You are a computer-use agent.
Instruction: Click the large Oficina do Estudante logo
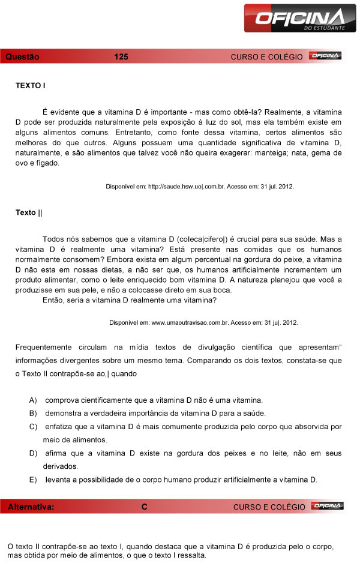(x=295, y=18)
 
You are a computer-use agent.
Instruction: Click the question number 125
(x=121, y=57)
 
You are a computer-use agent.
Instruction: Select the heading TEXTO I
(x=31, y=86)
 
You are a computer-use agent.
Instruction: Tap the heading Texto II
(x=29, y=212)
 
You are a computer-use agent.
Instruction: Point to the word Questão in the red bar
(x=22, y=57)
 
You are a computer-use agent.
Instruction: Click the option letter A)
(x=33, y=400)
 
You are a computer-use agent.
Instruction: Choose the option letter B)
(x=33, y=413)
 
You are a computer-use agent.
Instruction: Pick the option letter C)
(x=33, y=426)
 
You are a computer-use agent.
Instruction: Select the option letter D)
(x=33, y=453)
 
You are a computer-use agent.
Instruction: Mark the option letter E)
(x=33, y=479)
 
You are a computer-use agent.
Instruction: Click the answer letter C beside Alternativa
(x=145, y=507)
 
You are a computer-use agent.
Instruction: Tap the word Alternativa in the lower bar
(x=31, y=507)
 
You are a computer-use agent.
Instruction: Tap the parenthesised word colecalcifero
(x=202, y=238)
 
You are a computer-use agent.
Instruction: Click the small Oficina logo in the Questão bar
(x=325, y=56)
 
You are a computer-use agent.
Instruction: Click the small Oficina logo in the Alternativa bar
(x=328, y=507)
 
